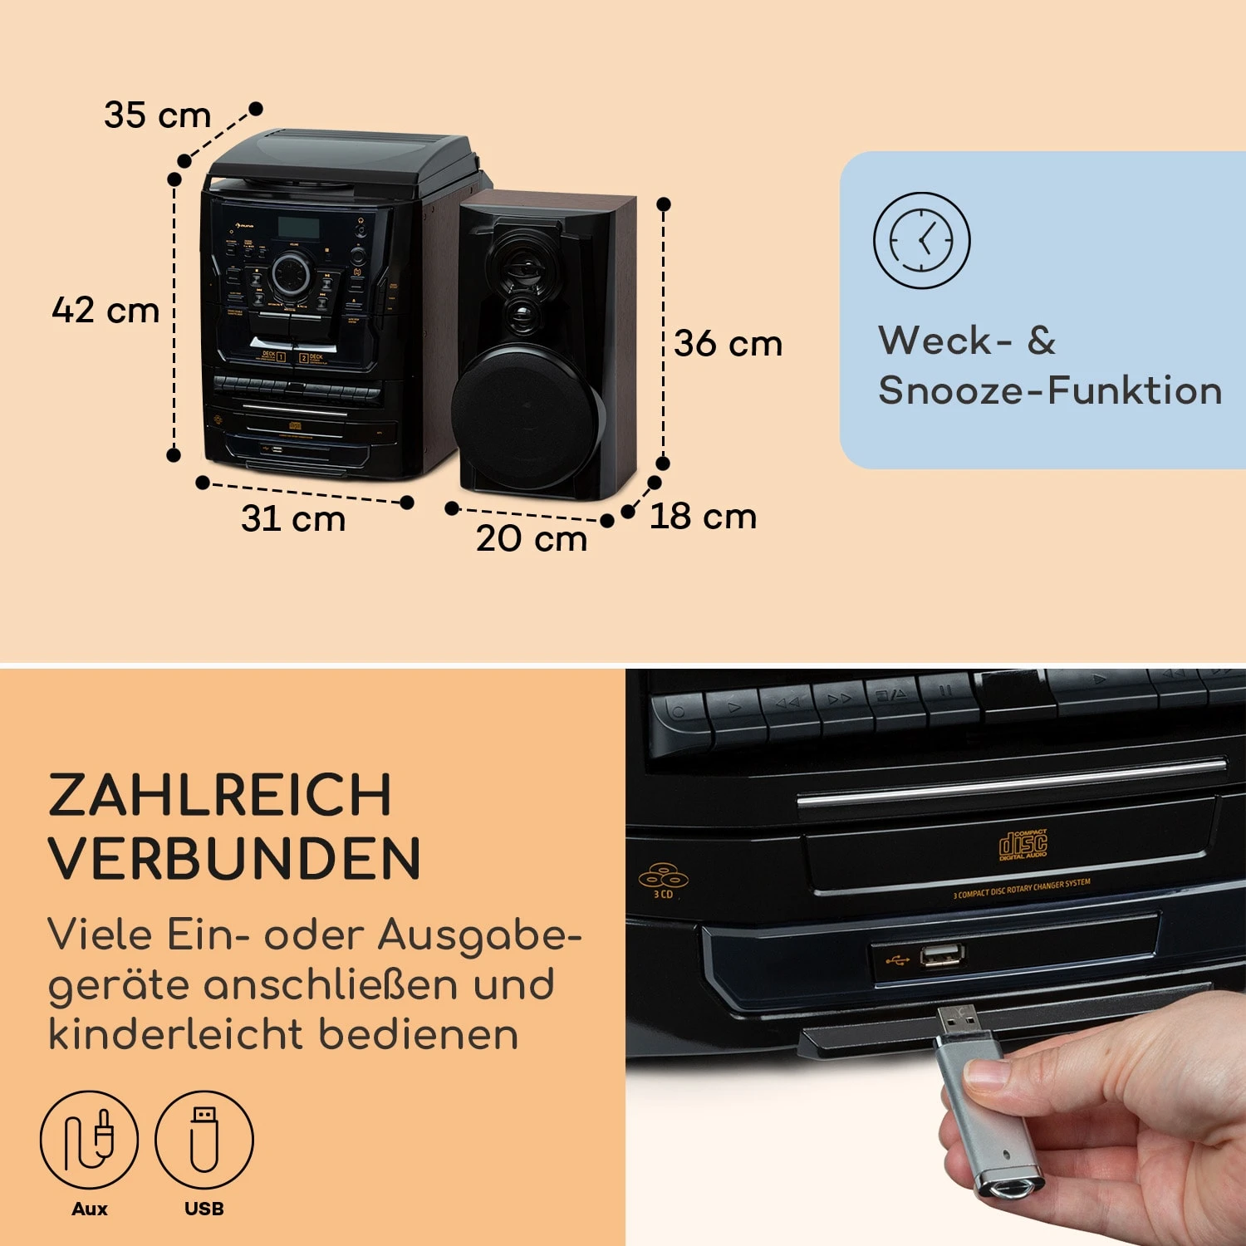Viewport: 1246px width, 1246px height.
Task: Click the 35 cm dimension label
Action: [x=158, y=115]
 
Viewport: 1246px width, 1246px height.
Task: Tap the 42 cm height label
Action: [x=105, y=311]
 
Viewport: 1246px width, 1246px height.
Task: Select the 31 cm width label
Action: [x=293, y=518]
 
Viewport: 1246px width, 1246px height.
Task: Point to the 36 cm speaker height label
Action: [x=728, y=344]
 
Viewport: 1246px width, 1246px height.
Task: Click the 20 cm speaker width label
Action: [x=532, y=538]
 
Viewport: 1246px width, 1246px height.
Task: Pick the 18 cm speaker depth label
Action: [x=703, y=517]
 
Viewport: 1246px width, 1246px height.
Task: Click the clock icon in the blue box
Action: [x=921, y=241]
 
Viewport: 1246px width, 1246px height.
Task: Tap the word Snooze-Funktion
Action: [x=1050, y=390]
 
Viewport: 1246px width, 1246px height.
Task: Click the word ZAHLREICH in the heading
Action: [x=220, y=795]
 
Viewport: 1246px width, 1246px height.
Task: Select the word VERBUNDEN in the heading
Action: [x=235, y=858]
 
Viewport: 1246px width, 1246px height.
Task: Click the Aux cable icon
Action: [x=89, y=1139]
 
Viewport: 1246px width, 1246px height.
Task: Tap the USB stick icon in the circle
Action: [x=204, y=1139]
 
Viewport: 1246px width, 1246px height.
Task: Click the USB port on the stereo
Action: [x=942, y=955]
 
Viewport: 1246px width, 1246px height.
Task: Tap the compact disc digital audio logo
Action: [x=1023, y=845]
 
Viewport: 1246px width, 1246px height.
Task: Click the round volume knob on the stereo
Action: [x=291, y=273]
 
